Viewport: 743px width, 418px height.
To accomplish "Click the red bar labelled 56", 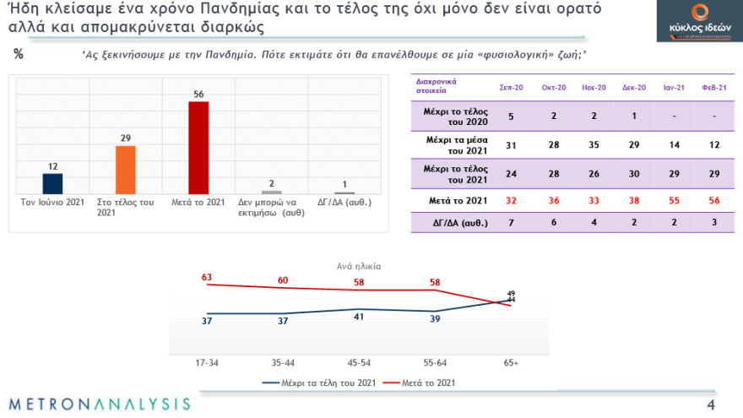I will point(198,149).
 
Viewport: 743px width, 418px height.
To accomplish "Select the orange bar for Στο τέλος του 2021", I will point(126,171).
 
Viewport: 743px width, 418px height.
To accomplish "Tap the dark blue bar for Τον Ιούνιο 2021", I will point(52,184).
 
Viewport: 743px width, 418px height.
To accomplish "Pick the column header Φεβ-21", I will point(714,88).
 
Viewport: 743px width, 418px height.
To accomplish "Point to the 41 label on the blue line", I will point(358,317).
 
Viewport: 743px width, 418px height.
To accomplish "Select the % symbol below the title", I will point(19,55).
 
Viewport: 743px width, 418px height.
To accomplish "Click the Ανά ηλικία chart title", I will point(359,265).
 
